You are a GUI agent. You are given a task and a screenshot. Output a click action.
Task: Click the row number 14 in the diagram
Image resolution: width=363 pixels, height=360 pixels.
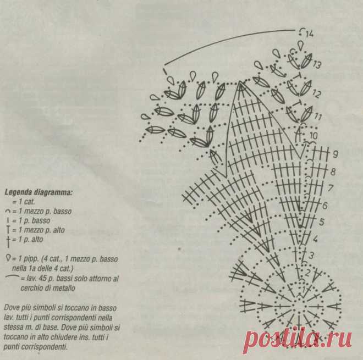(310, 34)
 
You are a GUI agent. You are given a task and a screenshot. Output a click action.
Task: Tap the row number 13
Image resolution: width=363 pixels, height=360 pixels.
(317, 64)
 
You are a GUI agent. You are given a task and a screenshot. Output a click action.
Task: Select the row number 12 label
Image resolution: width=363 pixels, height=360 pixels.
(316, 93)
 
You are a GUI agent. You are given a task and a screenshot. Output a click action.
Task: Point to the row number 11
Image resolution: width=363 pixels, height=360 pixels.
(318, 116)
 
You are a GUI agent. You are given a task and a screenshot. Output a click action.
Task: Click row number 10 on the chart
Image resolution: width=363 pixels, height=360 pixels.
(313, 135)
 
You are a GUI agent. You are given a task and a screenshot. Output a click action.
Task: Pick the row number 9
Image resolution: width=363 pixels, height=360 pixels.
(335, 154)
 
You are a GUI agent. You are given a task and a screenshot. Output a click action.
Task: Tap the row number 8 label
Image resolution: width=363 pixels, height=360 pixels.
(333, 171)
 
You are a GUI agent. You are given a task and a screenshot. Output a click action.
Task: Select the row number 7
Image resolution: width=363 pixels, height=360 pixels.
(331, 188)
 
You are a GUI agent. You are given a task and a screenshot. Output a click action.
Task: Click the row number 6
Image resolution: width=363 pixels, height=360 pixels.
(325, 206)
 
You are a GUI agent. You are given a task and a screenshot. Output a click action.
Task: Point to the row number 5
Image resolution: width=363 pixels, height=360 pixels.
(321, 221)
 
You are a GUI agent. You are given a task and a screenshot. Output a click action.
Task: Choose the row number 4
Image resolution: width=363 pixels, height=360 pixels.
(315, 239)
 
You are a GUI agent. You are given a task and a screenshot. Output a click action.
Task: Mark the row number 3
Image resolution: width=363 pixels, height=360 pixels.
(311, 256)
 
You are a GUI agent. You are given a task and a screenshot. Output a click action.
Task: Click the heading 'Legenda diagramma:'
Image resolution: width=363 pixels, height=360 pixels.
(38, 192)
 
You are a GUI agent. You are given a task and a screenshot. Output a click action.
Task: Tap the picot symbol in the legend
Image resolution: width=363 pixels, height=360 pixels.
(8, 258)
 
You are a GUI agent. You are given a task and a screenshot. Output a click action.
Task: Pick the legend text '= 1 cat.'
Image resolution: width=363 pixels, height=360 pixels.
(24, 202)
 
